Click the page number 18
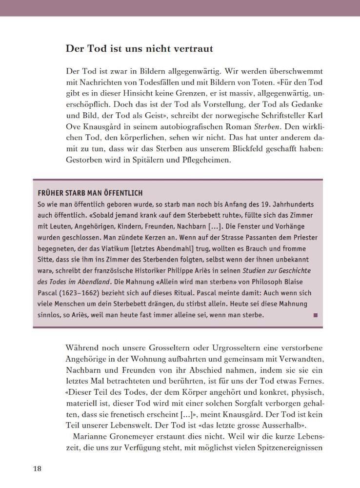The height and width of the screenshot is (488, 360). click(x=37, y=469)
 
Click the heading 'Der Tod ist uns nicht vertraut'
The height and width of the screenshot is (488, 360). click(x=139, y=49)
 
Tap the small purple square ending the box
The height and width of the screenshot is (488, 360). click(x=315, y=315)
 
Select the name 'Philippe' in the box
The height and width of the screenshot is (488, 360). click(x=192, y=270)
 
